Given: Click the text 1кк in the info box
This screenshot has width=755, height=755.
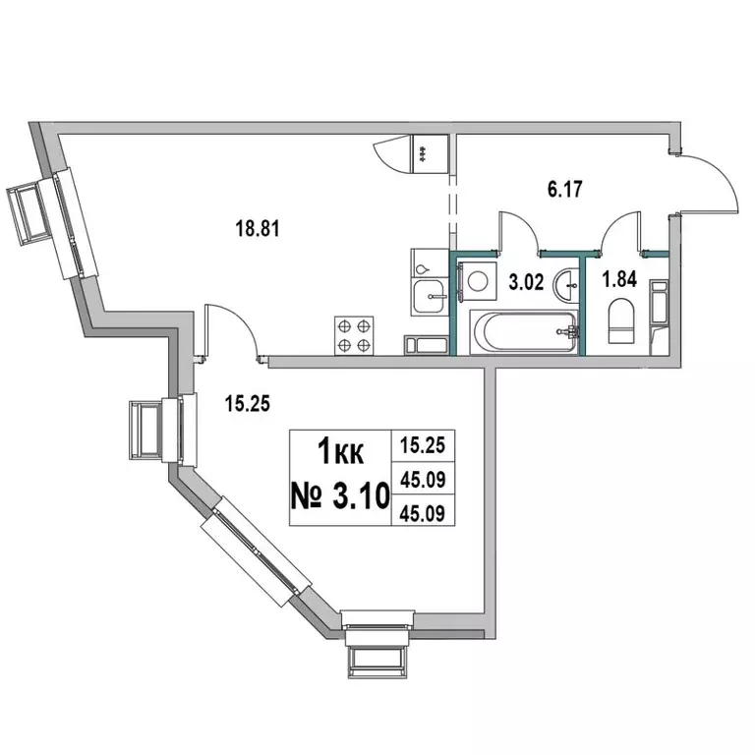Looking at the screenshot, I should (x=340, y=452).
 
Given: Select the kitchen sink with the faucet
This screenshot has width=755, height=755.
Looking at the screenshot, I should (x=429, y=294).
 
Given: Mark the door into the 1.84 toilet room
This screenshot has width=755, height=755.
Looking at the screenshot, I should (x=625, y=232).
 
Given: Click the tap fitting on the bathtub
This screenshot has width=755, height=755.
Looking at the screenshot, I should (x=565, y=332).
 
